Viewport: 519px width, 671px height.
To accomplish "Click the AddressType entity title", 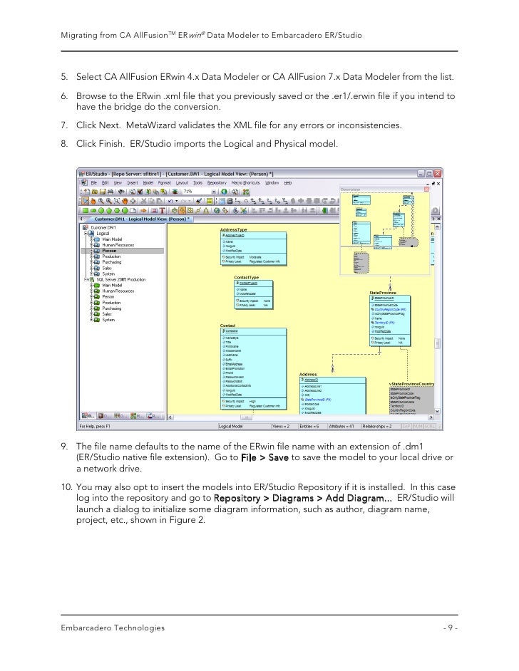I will [233, 230].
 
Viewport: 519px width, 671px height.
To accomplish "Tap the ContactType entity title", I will [246, 277].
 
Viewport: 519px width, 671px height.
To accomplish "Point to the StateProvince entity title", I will [383, 292].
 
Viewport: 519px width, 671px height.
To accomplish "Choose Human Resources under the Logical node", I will [118, 244].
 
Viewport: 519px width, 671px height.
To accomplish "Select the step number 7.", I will [63, 125].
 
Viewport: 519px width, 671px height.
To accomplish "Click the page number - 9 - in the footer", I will [450, 628].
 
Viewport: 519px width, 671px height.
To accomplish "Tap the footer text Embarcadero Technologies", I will [113, 628].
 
